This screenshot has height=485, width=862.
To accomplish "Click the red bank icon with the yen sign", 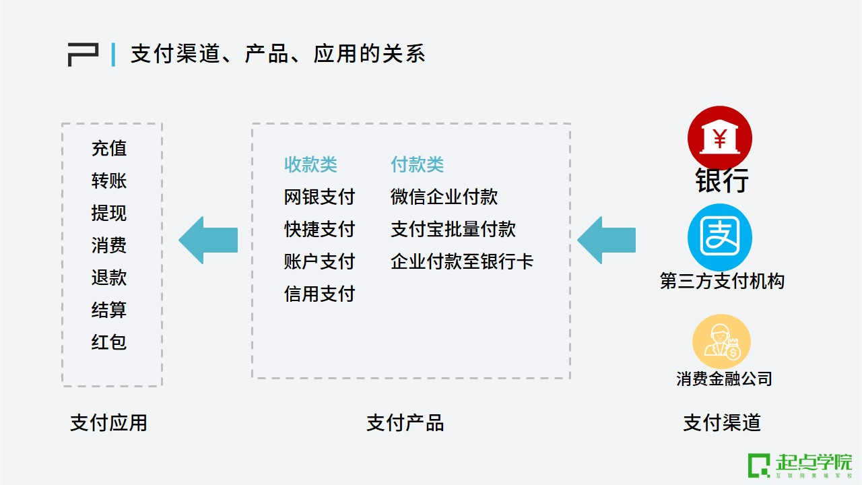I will [x=719, y=138].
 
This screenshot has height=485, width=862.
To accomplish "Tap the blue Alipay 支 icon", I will [x=719, y=237].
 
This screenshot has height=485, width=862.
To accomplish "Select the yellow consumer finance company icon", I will [x=721, y=342].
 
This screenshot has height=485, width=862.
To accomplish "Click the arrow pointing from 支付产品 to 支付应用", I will [x=208, y=240].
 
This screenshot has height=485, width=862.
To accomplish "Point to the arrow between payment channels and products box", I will [x=607, y=240].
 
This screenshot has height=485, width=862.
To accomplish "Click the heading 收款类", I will [x=310, y=164].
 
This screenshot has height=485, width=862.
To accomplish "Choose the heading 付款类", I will [x=418, y=164].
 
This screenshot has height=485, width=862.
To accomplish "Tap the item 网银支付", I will [x=319, y=197].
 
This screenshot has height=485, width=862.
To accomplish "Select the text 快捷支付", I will [x=319, y=229].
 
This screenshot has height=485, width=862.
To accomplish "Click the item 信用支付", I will [x=319, y=294].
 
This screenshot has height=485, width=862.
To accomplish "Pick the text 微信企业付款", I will [x=444, y=197].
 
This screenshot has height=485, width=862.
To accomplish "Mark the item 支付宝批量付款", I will [x=453, y=229].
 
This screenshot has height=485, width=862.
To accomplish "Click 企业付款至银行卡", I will [x=462, y=261].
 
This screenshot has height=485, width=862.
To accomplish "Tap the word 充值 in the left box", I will [x=109, y=148].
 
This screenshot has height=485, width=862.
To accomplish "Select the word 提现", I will [x=109, y=213].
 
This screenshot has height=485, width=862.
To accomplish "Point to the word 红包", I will [x=109, y=342].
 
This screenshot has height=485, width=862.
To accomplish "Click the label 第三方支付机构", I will [x=722, y=281].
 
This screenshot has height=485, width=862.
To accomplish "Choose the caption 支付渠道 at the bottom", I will [x=722, y=423].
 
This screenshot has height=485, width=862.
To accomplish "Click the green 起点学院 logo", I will [x=799, y=465].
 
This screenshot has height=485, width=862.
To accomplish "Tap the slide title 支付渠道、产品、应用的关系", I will [x=277, y=54].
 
